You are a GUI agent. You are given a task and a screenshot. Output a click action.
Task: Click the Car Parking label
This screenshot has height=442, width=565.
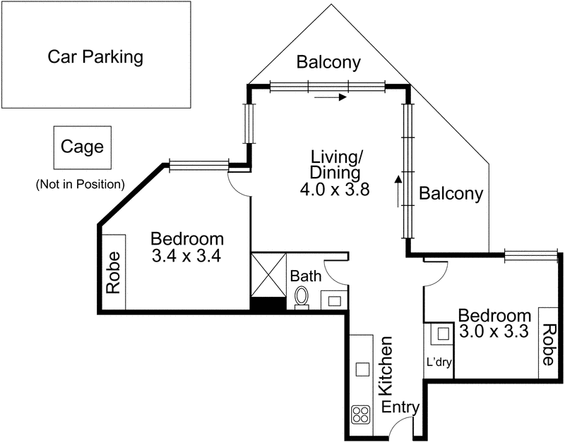click(x=95, y=56)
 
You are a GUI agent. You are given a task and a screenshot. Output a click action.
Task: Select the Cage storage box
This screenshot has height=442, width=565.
click(x=82, y=147)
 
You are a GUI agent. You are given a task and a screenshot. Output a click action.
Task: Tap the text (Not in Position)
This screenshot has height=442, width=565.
click(x=80, y=185)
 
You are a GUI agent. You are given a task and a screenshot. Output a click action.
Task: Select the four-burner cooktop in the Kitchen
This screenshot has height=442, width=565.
click(x=361, y=414)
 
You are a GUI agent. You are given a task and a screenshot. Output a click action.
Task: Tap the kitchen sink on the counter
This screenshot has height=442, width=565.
click(x=362, y=369)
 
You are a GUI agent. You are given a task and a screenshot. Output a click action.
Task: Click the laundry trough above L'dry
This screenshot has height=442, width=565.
click(x=442, y=333)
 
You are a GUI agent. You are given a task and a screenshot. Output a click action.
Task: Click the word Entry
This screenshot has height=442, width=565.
click(x=400, y=407)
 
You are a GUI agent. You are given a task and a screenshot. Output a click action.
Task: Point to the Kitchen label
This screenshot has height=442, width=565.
click(x=386, y=366)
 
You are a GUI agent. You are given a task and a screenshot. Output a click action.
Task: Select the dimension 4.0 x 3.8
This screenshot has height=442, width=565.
click(x=335, y=189)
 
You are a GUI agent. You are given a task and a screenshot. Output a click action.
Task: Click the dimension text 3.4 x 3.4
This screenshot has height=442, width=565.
click(x=187, y=256)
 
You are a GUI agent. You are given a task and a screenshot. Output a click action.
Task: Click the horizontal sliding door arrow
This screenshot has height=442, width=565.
click(x=331, y=97)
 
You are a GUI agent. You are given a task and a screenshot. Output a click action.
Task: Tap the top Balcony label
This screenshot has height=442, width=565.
click(x=328, y=62)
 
